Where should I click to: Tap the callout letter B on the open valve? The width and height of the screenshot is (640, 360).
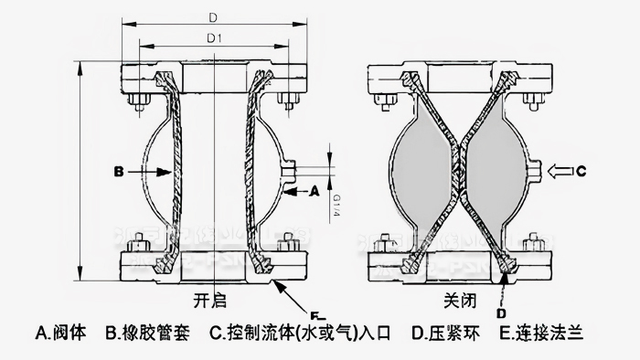[119, 171]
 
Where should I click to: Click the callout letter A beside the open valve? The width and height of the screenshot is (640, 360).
[314, 192]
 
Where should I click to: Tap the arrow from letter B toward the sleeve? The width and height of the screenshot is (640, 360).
[146, 171]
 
